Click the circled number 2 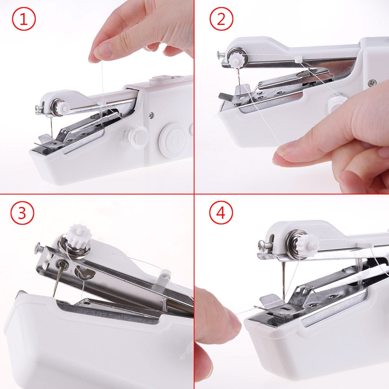(221, 19)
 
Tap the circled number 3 (23, 213)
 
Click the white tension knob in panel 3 (80, 235)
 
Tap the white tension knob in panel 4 (308, 245)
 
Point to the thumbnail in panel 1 (102, 51)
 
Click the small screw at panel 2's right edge (373, 82)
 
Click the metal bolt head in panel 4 (263, 245)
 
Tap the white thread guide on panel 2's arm (298, 59)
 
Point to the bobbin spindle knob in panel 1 (136, 136)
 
